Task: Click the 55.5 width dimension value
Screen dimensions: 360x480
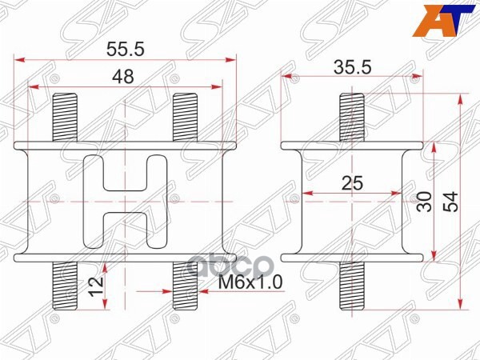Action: click(x=125, y=48)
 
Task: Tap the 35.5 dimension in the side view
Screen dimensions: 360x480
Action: click(x=354, y=67)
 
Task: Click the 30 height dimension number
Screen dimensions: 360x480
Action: click(x=425, y=200)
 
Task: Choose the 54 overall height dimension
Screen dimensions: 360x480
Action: click(x=452, y=200)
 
